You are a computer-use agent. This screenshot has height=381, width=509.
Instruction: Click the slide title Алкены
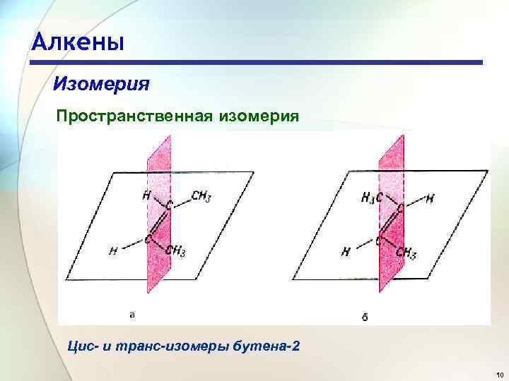tap(78, 42)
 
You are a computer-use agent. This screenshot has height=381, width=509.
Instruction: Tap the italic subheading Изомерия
tap(101, 85)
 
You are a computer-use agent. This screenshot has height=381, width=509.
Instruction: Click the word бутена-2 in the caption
tap(264, 347)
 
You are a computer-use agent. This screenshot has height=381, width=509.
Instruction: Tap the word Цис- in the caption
tap(82, 347)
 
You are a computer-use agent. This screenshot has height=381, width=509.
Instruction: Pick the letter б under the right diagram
tap(364, 317)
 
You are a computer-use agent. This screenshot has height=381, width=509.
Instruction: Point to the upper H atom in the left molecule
tap(146, 195)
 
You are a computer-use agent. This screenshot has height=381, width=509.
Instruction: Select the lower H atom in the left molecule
tap(112, 250)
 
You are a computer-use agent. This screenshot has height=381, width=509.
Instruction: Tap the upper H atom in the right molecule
tap(430, 199)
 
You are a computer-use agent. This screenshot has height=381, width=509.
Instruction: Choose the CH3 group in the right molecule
tap(406, 252)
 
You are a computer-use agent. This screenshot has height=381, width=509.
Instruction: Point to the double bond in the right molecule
tap(390, 225)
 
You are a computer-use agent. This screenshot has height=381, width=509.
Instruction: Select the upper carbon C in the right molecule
tap(400, 210)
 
